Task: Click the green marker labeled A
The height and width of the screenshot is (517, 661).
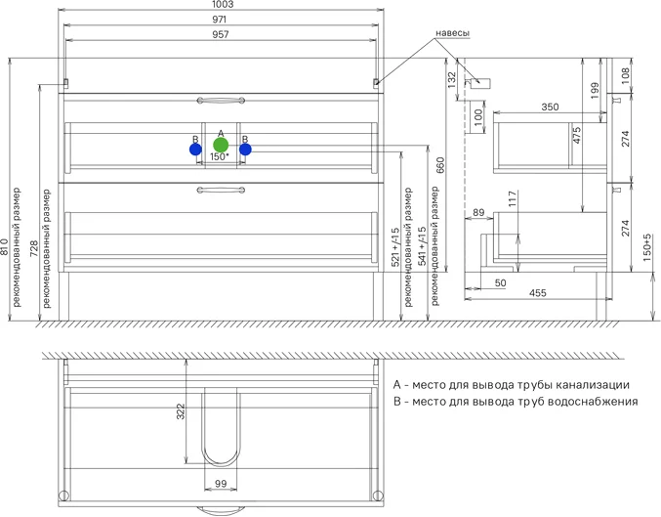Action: tap(221, 146)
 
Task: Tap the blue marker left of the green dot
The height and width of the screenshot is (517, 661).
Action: tap(196, 150)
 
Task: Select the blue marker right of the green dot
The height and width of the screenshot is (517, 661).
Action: tap(245, 150)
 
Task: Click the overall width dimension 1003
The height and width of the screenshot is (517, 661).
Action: tap(221, 6)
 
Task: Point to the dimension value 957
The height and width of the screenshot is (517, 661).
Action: tap(221, 34)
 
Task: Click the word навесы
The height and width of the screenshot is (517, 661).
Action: tap(450, 33)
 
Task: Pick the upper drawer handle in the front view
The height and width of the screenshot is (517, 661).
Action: tap(221, 100)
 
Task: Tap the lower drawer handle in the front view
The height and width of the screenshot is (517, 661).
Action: tap(221, 190)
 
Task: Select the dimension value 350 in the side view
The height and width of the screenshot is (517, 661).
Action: tap(550, 108)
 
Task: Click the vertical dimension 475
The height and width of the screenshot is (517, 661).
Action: tap(577, 137)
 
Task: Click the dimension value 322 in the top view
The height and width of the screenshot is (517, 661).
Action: tap(181, 413)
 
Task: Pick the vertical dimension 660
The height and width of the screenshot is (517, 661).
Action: tap(440, 165)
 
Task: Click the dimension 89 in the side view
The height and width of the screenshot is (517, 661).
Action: tap(478, 212)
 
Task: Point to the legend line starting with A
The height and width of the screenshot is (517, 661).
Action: tap(511, 384)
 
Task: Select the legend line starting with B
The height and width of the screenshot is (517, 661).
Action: tap(515, 401)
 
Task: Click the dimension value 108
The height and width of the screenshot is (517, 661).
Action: tap(626, 72)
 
